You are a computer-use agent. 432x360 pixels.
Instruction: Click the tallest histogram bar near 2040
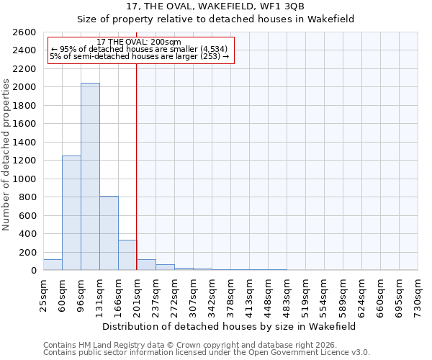(90, 176)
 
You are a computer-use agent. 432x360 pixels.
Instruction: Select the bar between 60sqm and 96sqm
(71, 213)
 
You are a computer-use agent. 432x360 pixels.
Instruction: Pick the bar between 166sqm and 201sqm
(127, 255)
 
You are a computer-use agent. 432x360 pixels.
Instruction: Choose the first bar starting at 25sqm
(53, 265)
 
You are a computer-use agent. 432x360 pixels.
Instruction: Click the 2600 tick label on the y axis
(24, 32)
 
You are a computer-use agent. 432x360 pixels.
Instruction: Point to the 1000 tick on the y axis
(24, 179)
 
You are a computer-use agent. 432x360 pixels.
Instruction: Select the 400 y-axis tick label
(27, 234)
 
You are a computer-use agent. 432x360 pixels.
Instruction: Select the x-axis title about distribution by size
(229, 326)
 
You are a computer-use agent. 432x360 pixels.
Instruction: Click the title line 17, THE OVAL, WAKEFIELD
(230, 7)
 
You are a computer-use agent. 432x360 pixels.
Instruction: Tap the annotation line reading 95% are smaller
(139, 49)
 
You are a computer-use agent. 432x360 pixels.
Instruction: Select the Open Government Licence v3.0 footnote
(207, 353)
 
